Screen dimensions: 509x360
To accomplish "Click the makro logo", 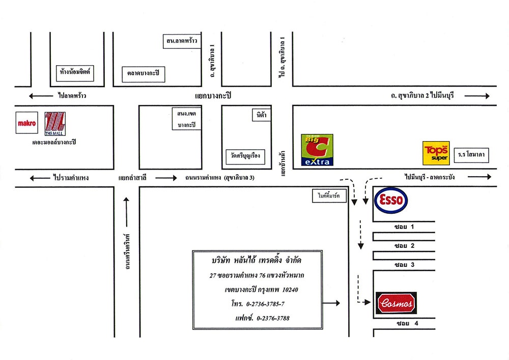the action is [x=27, y=123].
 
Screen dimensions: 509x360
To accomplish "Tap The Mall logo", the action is [x=55, y=124].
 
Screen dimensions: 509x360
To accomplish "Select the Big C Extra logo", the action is [x=317, y=150].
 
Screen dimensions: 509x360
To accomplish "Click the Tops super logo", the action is [x=436, y=153].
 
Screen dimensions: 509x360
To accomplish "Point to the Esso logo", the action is [x=391, y=200].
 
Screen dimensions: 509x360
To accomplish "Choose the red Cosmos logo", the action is [x=396, y=303].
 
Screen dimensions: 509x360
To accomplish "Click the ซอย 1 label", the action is [x=404, y=227].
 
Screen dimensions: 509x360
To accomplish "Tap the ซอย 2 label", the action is [x=404, y=245].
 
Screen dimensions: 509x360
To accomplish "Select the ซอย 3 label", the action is [x=404, y=265].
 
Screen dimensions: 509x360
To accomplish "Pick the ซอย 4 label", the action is [x=407, y=323].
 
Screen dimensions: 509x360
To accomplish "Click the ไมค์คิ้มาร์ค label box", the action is [x=329, y=196].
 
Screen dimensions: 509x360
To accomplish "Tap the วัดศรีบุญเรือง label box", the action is [x=245, y=156].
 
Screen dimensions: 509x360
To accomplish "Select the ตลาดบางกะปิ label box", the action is [x=144, y=74].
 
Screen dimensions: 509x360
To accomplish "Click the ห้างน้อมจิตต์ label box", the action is [x=75, y=73].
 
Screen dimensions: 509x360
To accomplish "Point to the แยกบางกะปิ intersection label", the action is [x=213, y=96].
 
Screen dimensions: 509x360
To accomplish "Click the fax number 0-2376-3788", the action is [x=273, y=318].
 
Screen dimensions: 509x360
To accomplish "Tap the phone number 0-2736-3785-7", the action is [x=265, y=304].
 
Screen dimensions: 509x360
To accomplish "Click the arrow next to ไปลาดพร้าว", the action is [x=41, y=96].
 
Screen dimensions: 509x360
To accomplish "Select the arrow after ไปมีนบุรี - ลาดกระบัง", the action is [x=479, y=177].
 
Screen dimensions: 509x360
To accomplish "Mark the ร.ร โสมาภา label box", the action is [x=471, y=155].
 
